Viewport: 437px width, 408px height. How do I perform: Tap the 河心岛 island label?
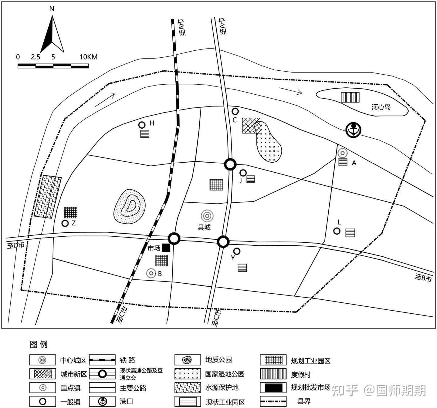click(381, 107)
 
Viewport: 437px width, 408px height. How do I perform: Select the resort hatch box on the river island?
click(350, 97)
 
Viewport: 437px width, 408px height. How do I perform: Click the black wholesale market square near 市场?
click(166, 248)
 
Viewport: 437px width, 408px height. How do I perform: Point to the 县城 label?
click(204, 228)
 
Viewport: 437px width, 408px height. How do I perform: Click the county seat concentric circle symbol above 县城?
click(207, 216)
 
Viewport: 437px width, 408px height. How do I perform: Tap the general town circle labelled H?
click(142, 125)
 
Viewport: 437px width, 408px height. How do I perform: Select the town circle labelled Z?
click(65, 223)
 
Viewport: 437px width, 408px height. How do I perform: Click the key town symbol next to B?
click(151, 273)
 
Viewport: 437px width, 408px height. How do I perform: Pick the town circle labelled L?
click(337, 231)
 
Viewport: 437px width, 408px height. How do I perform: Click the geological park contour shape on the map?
click(130, 207)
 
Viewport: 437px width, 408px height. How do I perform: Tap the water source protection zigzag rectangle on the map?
click(48, 197)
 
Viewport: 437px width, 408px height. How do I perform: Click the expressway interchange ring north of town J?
click(230, 164)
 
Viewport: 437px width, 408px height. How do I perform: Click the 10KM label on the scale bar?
click(88, 57)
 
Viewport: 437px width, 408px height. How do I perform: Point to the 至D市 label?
click(15, 245)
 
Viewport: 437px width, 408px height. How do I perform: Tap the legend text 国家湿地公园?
click(225, 374)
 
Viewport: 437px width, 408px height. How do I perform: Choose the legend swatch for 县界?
click(273, 402)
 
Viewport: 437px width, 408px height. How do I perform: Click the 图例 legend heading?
click(39, 344)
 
